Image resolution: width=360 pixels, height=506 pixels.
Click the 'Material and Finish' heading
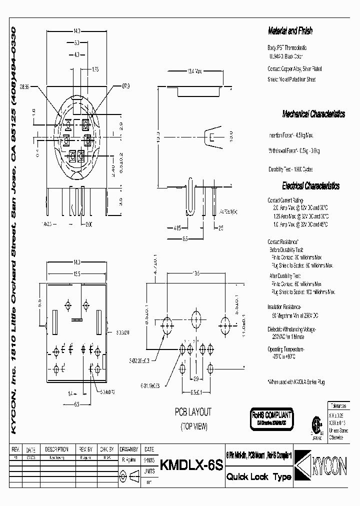point(290,31)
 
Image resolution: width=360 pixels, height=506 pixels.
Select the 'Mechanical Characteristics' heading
point(313,114)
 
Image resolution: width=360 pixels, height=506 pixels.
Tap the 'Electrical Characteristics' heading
point(310,186)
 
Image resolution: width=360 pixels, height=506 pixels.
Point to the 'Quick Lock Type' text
point(258,477)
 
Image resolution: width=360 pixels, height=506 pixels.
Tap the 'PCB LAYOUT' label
point(193,412)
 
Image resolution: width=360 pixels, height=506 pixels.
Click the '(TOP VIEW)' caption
point(193,426)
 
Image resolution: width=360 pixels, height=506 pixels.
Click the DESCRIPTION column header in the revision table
point(56,449)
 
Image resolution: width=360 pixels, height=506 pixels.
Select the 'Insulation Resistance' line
point(284,306)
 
